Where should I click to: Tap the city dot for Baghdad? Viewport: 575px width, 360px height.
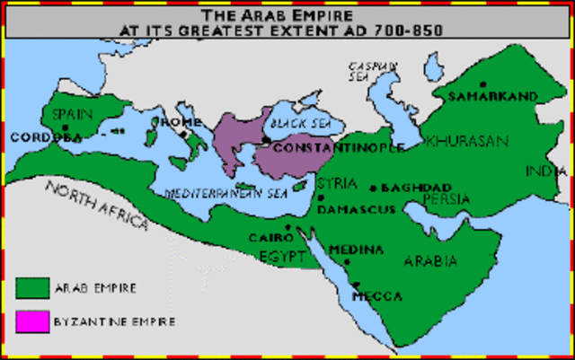point(374,189)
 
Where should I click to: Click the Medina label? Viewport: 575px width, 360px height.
point(357,249)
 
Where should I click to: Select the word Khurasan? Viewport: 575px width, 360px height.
point(467,142)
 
